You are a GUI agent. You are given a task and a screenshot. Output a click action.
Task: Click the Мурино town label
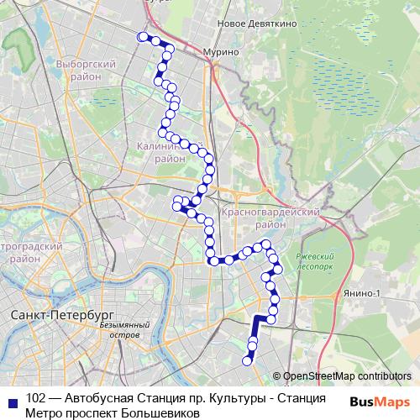pyautogui.click(x=221, y=52)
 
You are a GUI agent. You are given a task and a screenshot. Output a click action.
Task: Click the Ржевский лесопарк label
pyautogui.click(x=315, y=260)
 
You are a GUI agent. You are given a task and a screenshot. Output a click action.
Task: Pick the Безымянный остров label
pyautogui.click(x=124, y=328)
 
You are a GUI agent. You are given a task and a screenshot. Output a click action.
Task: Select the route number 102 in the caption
pyautogui.click(x=36, y=398)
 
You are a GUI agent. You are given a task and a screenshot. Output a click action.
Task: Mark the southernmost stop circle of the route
pyautogui.click(x=248, y=361)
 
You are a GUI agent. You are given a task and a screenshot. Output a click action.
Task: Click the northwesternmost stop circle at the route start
pyautogui.click(x=141, y=36)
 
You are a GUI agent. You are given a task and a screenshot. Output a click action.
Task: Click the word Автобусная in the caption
pyautogui.click(x=97, y=398)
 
